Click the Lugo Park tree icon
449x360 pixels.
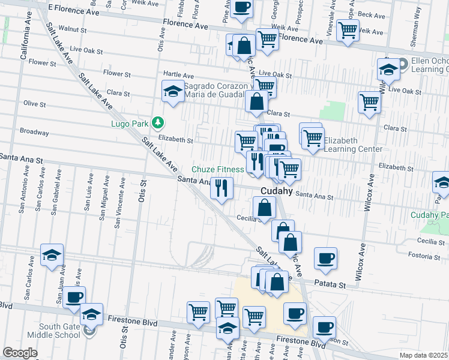click(158, 122)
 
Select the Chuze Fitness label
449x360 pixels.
click(218, 170)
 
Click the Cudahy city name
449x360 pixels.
click(276, 191)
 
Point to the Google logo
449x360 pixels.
click(20, 353)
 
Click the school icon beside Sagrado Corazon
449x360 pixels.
click(173, 92)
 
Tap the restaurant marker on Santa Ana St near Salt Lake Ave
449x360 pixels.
click(222, 188)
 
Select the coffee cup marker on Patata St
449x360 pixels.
click(325, 258)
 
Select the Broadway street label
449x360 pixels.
click(34, 131)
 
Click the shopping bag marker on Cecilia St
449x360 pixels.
click(264, 208)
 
